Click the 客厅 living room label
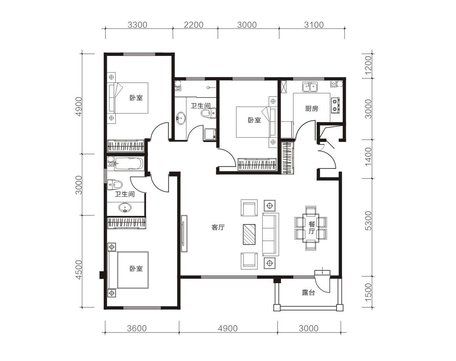click(218, 227)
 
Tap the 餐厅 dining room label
click(311, 228)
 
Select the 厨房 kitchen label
click(311, 108)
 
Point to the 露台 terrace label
click(308, 293)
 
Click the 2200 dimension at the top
click(194, 25)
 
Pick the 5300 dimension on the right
click(368, 221)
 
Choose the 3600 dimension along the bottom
click(137, 329)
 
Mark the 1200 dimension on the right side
click(368, 66)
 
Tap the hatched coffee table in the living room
click(249, 234)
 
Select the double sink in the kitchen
click(310, 87)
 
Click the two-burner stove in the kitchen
click(335, 105)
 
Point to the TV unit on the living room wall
click(184, 234)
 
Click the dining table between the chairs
click(311, 228)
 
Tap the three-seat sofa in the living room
click(271, 234)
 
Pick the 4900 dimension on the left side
click(79, 107)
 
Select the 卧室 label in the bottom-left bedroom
click(136, 268)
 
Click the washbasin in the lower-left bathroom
click(125, 208)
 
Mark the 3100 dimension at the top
click(314, 25)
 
